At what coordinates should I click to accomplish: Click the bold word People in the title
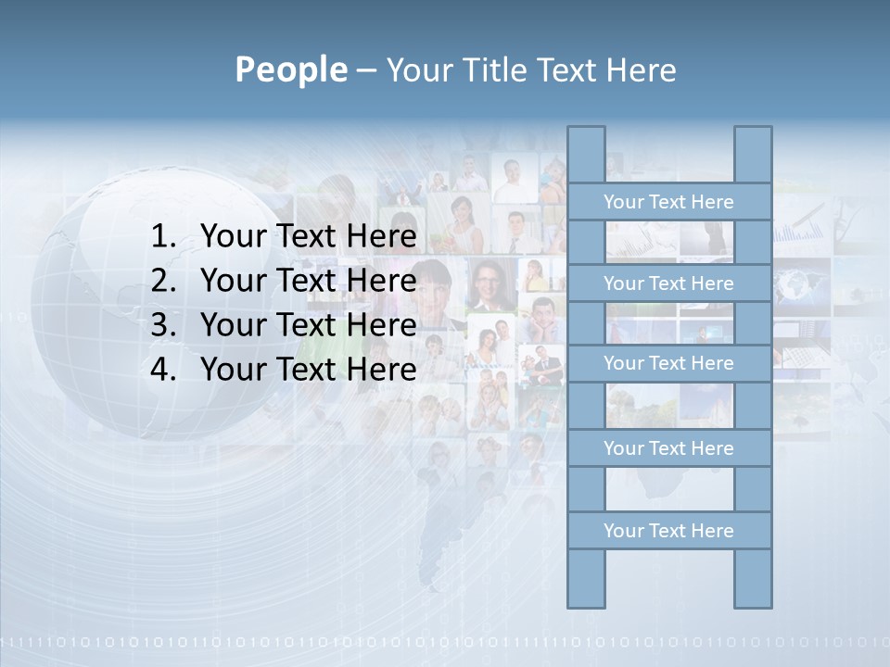(290, 69)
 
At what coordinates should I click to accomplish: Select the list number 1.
(163, 236)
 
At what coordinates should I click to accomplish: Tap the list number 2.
(163, 281)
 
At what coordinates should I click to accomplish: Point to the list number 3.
(163, 325)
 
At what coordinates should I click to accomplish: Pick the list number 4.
(163, 370)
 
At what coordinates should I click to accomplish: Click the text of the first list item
(308, 236)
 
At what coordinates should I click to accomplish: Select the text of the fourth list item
(308, 370)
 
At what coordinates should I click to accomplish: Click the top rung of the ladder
(668, 202)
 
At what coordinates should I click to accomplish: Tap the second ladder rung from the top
(668, 283)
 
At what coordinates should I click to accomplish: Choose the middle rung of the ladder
(668, 363)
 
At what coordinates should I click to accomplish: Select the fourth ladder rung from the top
(668, 448)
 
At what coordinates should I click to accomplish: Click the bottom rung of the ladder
(668, 531)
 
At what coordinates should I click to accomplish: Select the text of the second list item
(308, 281)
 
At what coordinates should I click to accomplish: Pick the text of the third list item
(308, 325)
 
